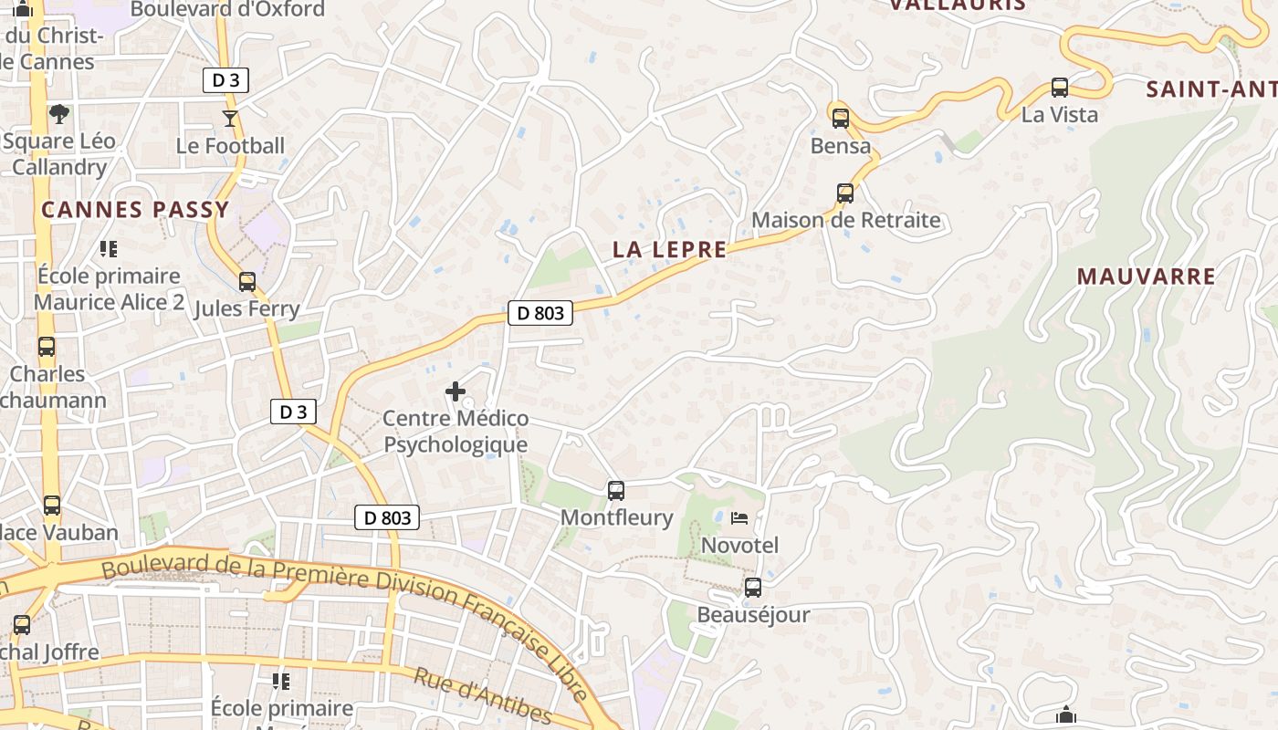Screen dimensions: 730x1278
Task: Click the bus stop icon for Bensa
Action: (840, 118)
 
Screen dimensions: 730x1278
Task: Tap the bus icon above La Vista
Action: (1059, 88)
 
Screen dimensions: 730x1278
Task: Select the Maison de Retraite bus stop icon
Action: (845, 193)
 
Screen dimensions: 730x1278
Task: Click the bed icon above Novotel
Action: (739, 518)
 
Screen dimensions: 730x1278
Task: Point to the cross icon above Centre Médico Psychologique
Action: (455, 392)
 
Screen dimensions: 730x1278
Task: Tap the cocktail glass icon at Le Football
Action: (229, 119)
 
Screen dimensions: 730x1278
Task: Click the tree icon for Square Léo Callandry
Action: (59, 114)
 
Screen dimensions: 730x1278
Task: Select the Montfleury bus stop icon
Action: (616, 491)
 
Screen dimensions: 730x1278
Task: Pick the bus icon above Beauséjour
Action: (752, 588)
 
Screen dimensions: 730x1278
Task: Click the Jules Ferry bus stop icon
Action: (246, 282)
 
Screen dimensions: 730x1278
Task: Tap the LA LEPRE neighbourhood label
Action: (669, 249)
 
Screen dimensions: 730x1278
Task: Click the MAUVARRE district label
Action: (1146, 276)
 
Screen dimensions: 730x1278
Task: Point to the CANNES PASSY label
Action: (135, 210)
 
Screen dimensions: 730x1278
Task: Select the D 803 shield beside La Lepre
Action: (539, 313)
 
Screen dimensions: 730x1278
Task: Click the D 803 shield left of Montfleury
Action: (387, 517)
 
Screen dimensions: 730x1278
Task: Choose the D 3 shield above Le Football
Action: (225, 80)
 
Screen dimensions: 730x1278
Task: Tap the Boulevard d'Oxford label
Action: (227, 10)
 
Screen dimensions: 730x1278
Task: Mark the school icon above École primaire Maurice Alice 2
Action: (109, 248)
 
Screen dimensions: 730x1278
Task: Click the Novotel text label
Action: (739, 546)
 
